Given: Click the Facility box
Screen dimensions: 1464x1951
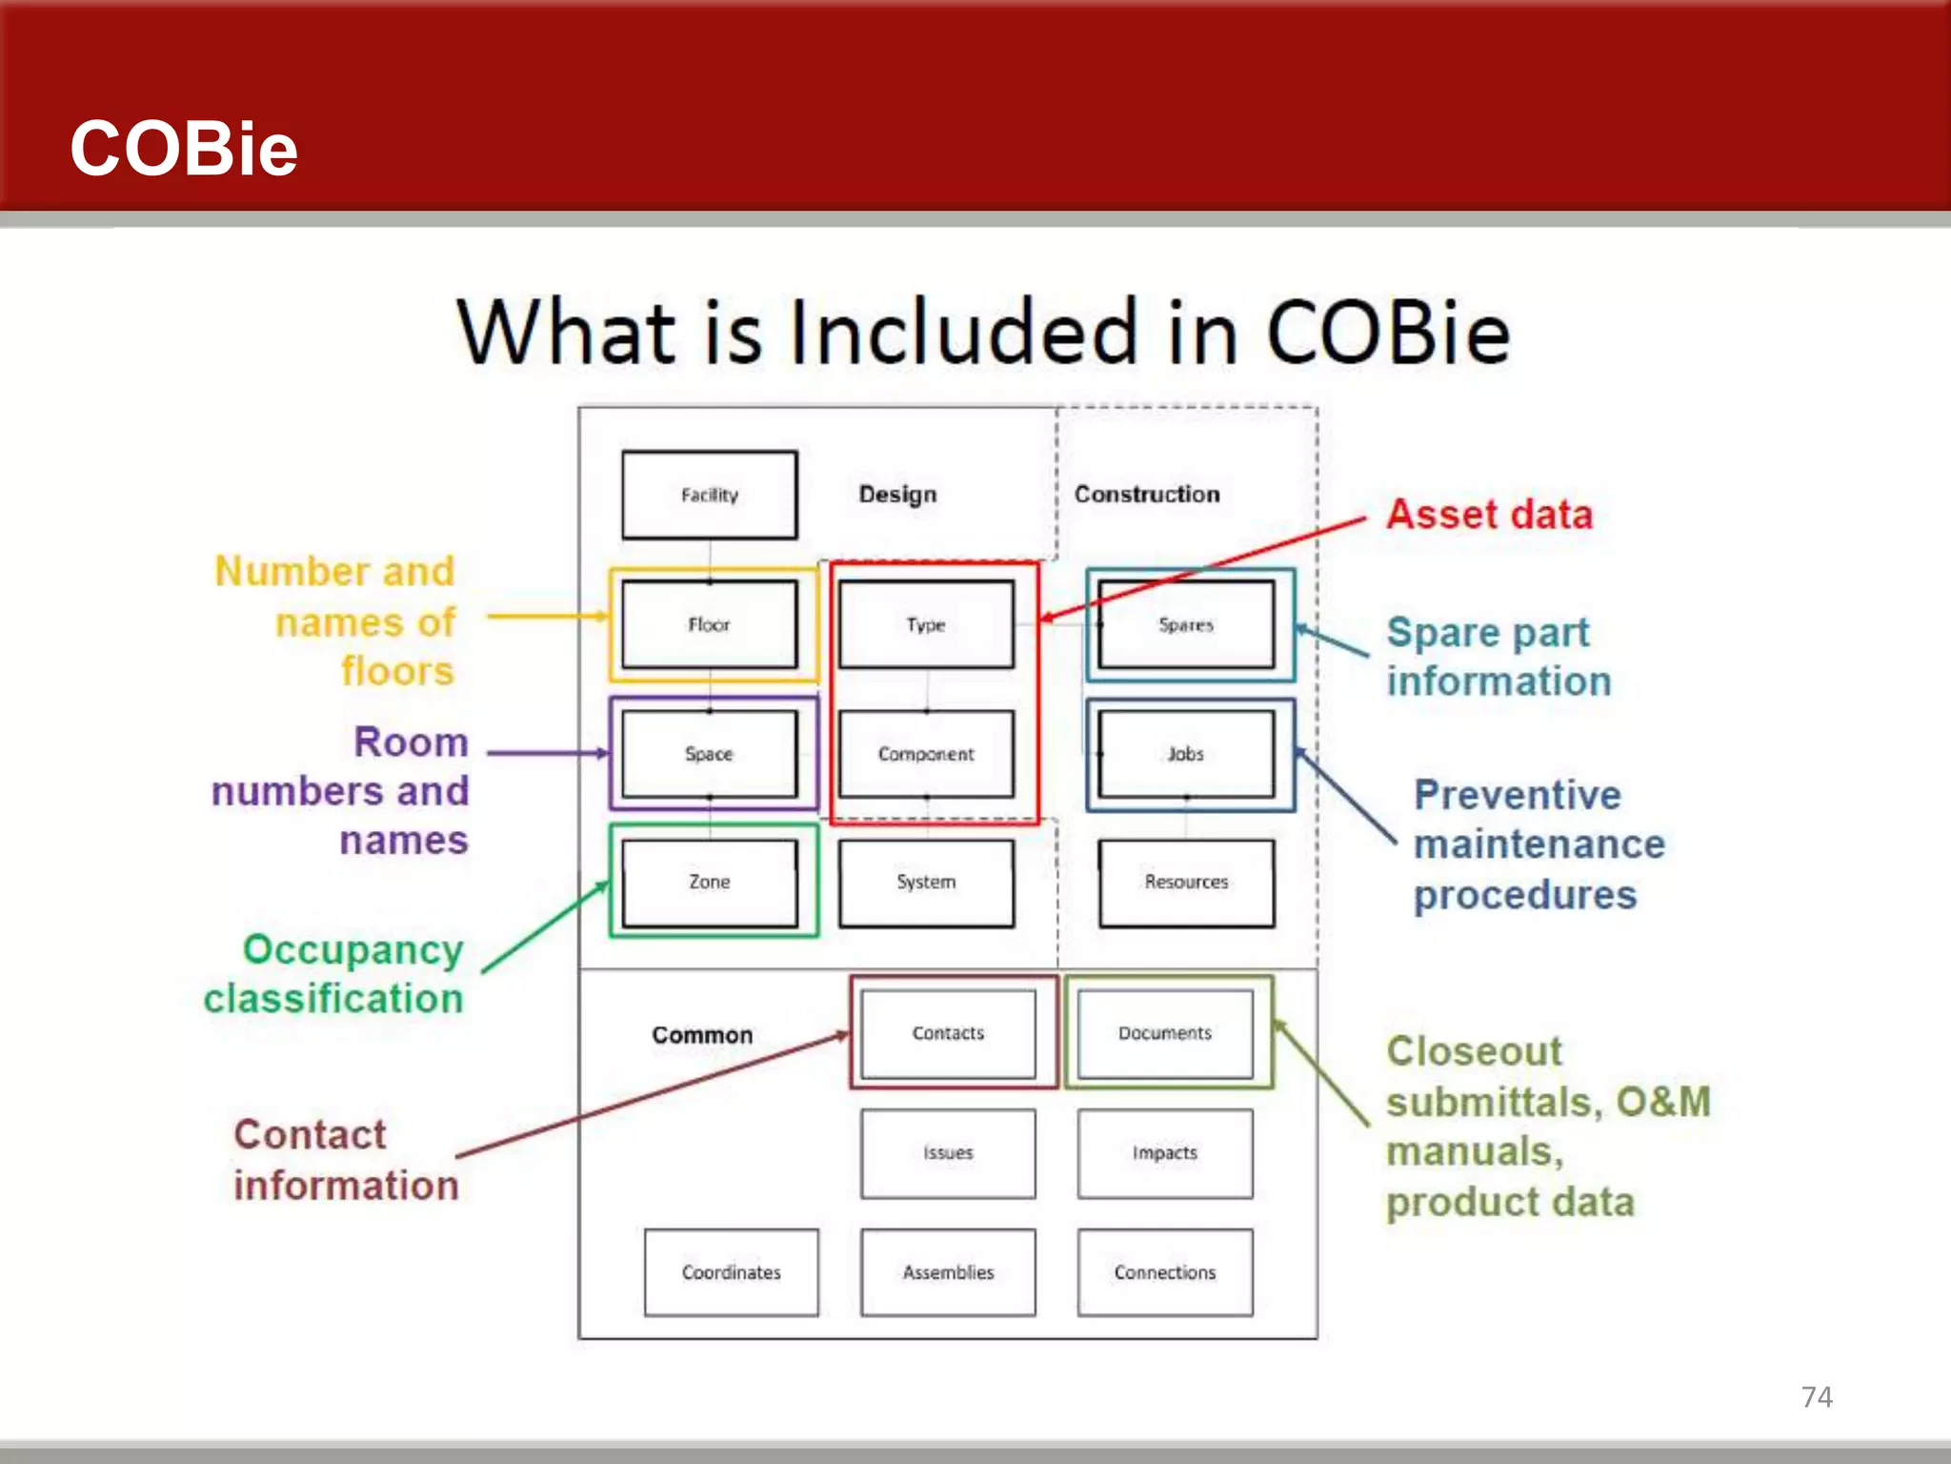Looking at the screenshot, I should (710, 495).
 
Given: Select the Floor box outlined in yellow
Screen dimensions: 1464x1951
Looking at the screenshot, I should (710, 624).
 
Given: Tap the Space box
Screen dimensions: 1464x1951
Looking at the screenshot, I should (710, 753).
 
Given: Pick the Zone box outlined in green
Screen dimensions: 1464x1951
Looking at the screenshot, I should (710, 882).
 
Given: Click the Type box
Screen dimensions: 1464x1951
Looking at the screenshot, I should (926, 624).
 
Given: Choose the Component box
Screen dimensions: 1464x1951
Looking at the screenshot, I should (926, 753).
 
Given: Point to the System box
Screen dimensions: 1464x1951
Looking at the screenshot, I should (926, 882).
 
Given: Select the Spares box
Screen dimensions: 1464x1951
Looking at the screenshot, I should (1186, 624).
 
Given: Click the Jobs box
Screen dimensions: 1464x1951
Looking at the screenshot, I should (1186, 753).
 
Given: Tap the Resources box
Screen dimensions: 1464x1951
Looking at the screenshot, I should (1186, 882).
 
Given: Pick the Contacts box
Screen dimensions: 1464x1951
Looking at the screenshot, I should (948, 1033).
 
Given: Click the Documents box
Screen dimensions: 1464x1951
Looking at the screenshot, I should (1165, 1033).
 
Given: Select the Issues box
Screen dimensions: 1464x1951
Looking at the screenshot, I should (948, 1152).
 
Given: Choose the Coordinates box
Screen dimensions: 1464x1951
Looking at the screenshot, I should (731, 1272).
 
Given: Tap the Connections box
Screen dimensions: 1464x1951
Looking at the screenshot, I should (1165, 1272).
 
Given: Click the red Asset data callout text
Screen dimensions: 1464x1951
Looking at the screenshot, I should (1489, 515).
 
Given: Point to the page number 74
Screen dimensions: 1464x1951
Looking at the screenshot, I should (1817, 1397).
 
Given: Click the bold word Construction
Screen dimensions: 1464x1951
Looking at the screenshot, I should (1147, 494).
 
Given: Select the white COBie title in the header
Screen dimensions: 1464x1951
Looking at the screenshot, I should (184, 149).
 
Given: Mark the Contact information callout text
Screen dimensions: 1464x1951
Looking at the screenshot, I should (346, 1160).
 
